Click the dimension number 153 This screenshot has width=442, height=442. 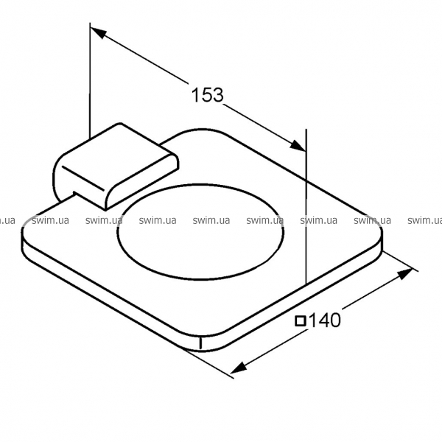click(208, 95)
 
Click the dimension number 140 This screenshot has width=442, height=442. click(325, 320)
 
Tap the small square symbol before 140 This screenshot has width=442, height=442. click(301, 321)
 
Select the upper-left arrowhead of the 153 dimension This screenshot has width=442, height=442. click(98, 33)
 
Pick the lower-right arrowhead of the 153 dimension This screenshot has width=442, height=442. click(298, 146)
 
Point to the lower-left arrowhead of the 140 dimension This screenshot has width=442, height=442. click(239, 368)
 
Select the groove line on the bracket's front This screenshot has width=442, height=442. click(83, 178)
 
